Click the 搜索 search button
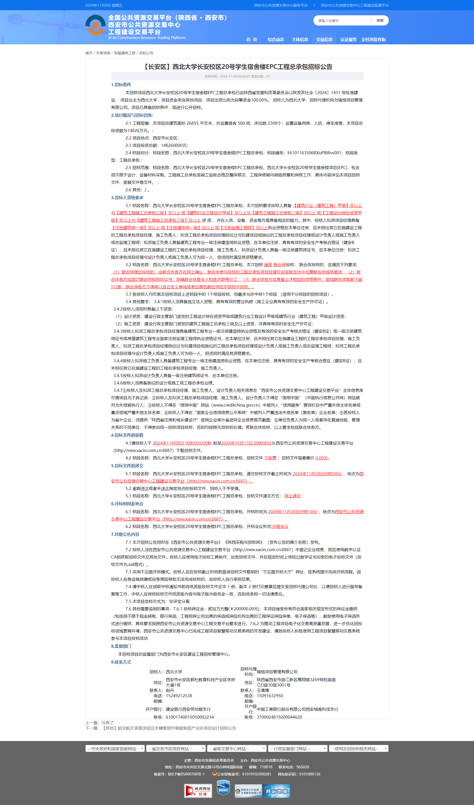coord(380,21)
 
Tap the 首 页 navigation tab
coord(252,40)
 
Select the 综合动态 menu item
coord(276,40)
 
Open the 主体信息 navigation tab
coord(300,40)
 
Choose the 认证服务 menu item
coord(348,40)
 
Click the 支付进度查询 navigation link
coord(373,40)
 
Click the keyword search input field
coord(342,21)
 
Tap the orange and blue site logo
coord(95,25)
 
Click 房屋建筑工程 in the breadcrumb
coord(124,53)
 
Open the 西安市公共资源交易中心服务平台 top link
coord(281,5)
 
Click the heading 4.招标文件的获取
coord(127,435)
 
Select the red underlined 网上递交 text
coord(292,496)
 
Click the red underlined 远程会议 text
coord(280,526)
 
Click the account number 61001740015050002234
coord(189,717)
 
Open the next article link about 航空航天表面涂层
coord(169,728)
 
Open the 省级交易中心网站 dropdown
coord(237,749)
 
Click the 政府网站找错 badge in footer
coord(198,791)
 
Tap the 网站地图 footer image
coord(276,791)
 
